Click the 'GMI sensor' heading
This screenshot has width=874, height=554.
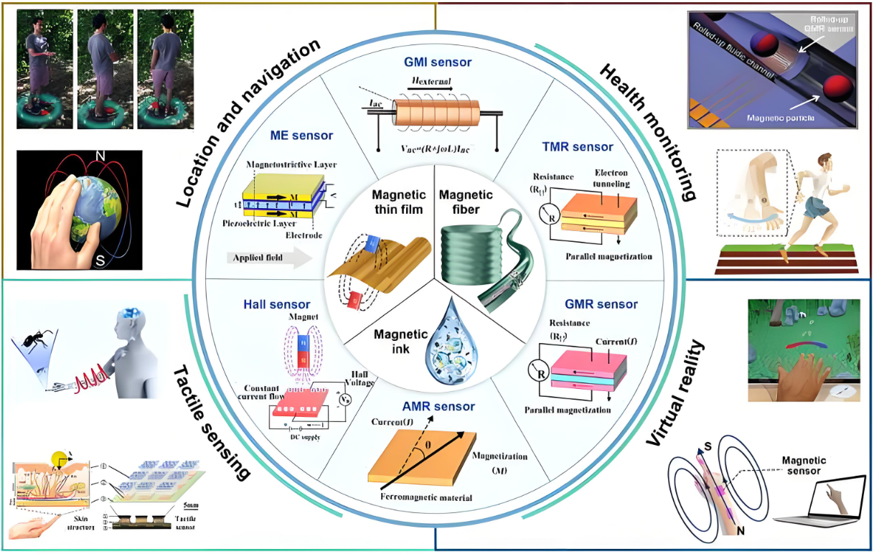coord(437,62)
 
